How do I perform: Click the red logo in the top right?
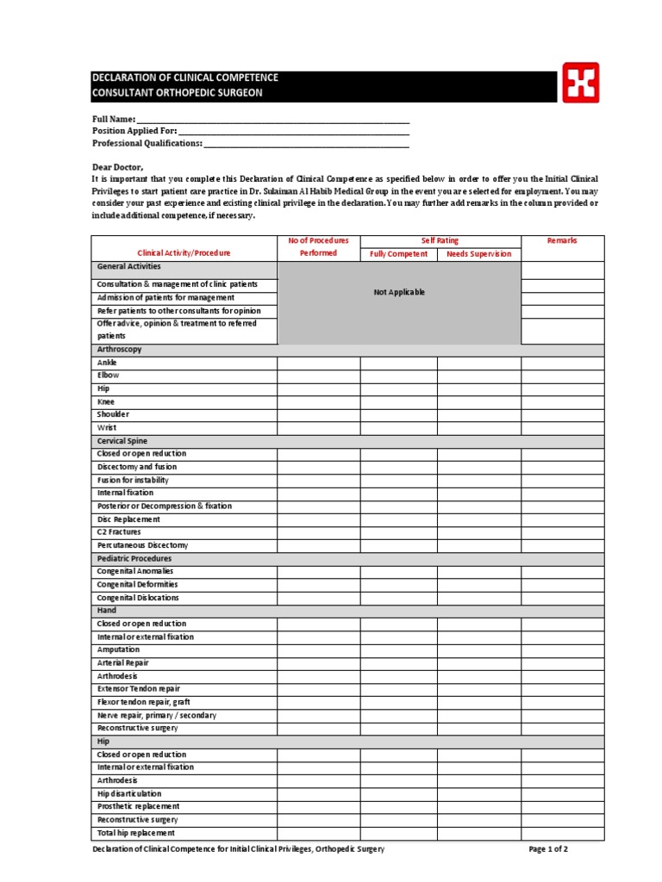pyautogui.click(x=580, y=83)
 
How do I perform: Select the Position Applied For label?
pyautogui.click(x=134, y=131)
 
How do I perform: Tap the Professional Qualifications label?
pyautogui.click(x=147, y=143)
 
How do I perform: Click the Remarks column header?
pyautogui.click(x=562, y=241)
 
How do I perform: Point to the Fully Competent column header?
pyautogui.click(x=398, y=254)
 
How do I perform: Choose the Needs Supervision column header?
pyautogui.click(x=478, y=254)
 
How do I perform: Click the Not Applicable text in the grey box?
pyautogui.click(x=399, y=293)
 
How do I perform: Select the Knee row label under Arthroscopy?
pyautogui.click(x=106, y=401)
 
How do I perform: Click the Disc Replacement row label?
pyautogui.click(x=128, y=519)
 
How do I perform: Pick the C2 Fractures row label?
pyautogui.click(x=119, y=532)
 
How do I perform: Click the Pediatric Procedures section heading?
pyautogui.click(x=134, y=558)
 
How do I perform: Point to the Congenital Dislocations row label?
pyautogui.click(x=138, y=598)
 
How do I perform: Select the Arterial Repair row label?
pyautogui.click(x=123, y=663)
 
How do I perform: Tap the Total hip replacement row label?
pyautogui.click(x=136, y=833)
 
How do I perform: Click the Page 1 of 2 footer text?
pyautogui.click(x=548, y=849)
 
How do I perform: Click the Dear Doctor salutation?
pyautogui.click(x=118, y=166)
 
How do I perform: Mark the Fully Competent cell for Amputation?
pyautogui.click(x=398, y=650)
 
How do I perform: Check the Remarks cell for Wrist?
pyautogui.click(x=562, y=427)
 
